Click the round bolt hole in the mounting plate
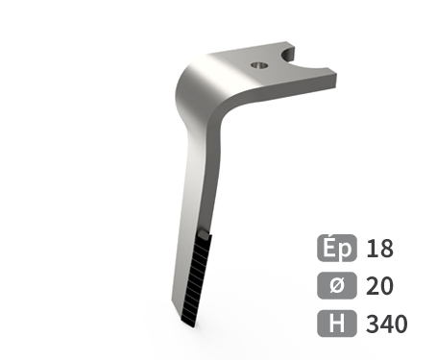[x=259, y=65]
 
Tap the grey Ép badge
[x=337, y=248]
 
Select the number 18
[x=379, y=249]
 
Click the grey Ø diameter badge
[x=337, y=285]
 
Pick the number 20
[x=379, y=286]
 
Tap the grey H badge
[x=337, y=324]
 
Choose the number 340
[x=387, y=324]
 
